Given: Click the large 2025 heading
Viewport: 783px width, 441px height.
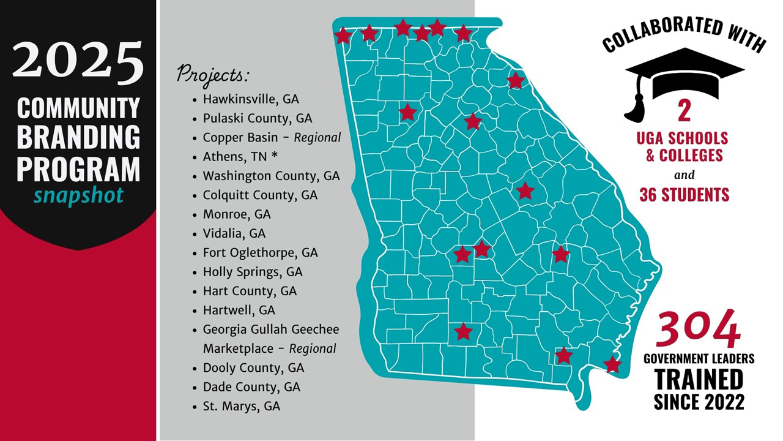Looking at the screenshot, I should coord(78,64).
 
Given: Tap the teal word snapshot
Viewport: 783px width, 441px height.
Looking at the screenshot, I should coord(78,195).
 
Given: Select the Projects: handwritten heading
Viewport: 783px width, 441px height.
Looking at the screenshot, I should coord(213,75).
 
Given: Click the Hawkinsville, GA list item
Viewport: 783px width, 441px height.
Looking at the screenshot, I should coord(251,99).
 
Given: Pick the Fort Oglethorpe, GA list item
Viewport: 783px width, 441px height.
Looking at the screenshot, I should coord(261,252).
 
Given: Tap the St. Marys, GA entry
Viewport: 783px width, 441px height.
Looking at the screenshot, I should coord(242,405).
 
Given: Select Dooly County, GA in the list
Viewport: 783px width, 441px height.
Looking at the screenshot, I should coord(253,367).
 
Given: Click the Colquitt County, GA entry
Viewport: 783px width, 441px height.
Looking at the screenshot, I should coord(261,195).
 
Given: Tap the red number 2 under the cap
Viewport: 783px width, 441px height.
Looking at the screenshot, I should coord(684,112).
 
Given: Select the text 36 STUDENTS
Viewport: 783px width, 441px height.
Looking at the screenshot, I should coord(685,195).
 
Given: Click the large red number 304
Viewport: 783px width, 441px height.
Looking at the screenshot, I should coord(698,330).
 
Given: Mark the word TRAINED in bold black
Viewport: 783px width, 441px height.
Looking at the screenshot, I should coord(699,380).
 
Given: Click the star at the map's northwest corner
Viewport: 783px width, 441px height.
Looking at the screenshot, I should coord(343,36).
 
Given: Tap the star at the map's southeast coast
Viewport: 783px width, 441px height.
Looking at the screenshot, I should coord(612,364).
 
